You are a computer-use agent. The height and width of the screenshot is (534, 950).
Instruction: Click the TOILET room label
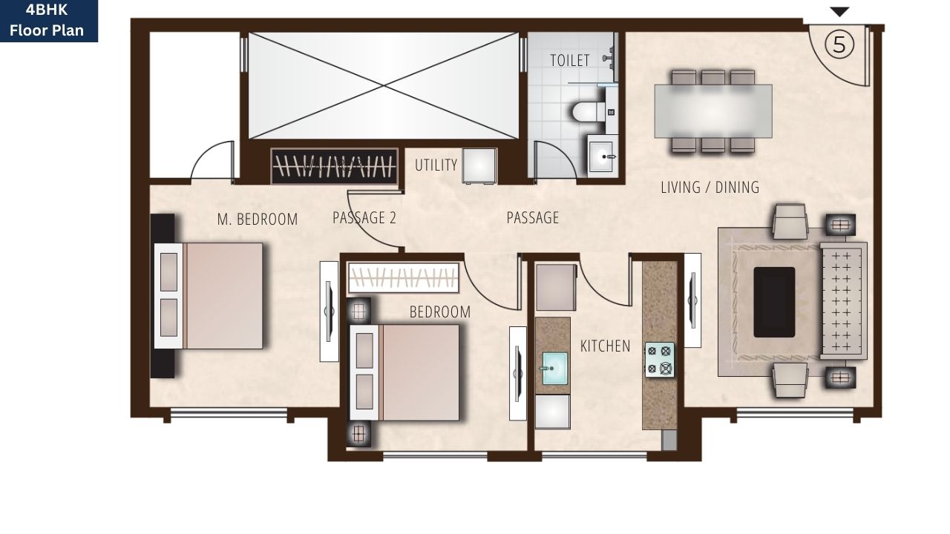[569, 60]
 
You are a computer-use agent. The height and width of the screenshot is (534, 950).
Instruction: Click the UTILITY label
[436, 165]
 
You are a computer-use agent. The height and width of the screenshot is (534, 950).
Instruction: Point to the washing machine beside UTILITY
[479, 165]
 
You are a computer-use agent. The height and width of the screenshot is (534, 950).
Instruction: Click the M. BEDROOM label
[257, 220]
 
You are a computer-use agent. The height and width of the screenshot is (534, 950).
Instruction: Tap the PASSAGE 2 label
[364, 218]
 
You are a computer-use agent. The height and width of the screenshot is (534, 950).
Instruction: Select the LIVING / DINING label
[710, 188]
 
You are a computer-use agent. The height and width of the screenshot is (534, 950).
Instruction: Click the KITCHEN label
[605, 346]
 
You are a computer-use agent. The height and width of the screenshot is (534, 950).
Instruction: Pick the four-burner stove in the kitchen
[659, 360]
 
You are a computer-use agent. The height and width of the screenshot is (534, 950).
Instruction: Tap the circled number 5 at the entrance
[839, 44]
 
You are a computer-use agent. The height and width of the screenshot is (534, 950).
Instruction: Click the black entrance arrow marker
[839, 12]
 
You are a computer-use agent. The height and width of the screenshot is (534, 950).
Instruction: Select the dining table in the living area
[712, 111]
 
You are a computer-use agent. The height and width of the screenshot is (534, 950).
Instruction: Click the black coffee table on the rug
[774, 302]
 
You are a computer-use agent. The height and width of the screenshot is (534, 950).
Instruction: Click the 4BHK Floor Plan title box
[48, 21]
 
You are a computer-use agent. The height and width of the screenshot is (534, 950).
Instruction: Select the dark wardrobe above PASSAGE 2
[335, 166]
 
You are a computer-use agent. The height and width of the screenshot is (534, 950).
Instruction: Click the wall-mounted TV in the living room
[692, 300]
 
